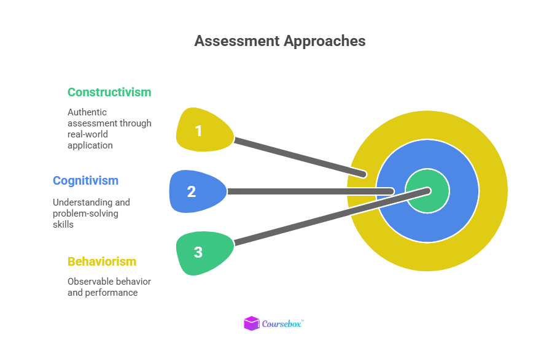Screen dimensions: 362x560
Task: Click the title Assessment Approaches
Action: (279, 41)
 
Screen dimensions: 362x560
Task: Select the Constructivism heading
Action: (109, 92)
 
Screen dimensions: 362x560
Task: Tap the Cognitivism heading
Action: (85, 180)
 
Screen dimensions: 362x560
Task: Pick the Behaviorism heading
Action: (102, 261)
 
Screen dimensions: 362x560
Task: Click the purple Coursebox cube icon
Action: (252, 323)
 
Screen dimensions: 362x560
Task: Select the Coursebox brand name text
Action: (282, 324)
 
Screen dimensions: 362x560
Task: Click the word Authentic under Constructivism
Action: (87, 112)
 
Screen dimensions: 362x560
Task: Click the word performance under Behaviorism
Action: (116, 293)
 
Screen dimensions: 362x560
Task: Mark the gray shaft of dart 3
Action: (319, 221)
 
